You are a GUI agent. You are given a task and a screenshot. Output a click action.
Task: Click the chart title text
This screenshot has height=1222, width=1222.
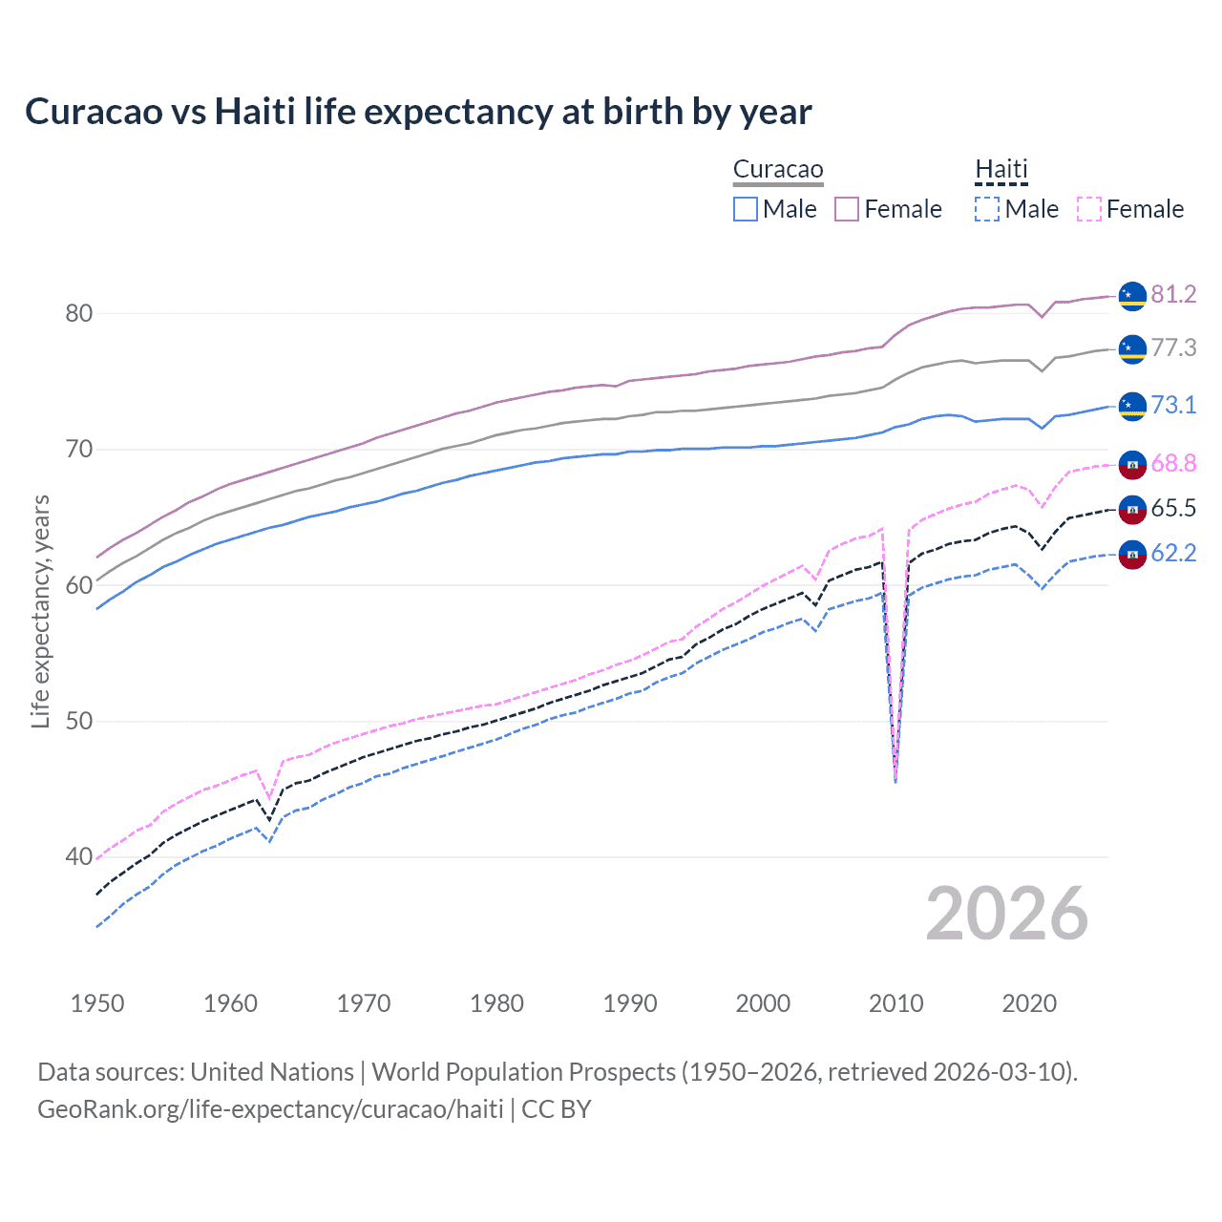tap(418, 112)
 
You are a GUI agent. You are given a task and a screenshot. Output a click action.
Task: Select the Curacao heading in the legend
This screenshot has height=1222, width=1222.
tap(778, 170)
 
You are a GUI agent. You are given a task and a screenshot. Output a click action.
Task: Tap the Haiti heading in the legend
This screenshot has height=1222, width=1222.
tap(1001, 170)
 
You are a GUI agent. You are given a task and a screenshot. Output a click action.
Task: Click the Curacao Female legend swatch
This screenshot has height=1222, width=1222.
tap(847, 209)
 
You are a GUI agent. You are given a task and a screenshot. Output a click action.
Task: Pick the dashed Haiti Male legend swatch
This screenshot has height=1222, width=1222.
tap(987, 209)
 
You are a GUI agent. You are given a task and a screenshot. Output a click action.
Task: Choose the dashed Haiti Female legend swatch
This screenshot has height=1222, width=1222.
tap(1088, 209)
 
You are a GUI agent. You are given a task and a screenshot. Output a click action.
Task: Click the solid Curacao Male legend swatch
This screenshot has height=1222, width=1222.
tap(746, 209)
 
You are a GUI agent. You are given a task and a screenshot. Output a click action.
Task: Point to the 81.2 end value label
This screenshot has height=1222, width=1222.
tap(1173, 294)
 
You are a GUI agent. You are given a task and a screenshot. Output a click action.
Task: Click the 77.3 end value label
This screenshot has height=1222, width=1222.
tap(1173, 348)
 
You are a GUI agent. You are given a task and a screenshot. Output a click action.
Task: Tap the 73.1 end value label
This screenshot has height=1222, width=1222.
tap(1173, 405)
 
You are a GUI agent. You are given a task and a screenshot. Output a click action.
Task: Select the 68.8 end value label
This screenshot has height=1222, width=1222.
tap(1173, 464)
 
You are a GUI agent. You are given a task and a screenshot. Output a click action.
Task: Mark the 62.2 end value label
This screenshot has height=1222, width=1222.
tap(1173, 553)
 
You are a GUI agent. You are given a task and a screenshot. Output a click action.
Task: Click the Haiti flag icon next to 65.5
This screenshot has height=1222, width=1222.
tap(1132, 510)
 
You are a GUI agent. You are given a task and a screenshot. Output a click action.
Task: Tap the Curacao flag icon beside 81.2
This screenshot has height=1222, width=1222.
tap(1132, 296)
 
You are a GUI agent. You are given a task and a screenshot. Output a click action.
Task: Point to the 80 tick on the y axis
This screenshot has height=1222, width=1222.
tap(78, 313)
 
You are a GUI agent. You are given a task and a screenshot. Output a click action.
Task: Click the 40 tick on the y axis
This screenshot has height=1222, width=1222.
tap(78, 856)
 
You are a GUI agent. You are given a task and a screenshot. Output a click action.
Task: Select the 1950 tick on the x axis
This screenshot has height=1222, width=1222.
tap(97, 1003)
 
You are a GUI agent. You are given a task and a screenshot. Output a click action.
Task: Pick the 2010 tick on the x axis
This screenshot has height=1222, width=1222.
tap(895, 1003)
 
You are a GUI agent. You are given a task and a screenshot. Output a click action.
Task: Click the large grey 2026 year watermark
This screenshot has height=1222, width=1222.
tap(1006, 914)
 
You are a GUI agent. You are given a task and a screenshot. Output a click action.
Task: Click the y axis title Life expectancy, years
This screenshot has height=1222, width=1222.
tap(40, 611)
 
